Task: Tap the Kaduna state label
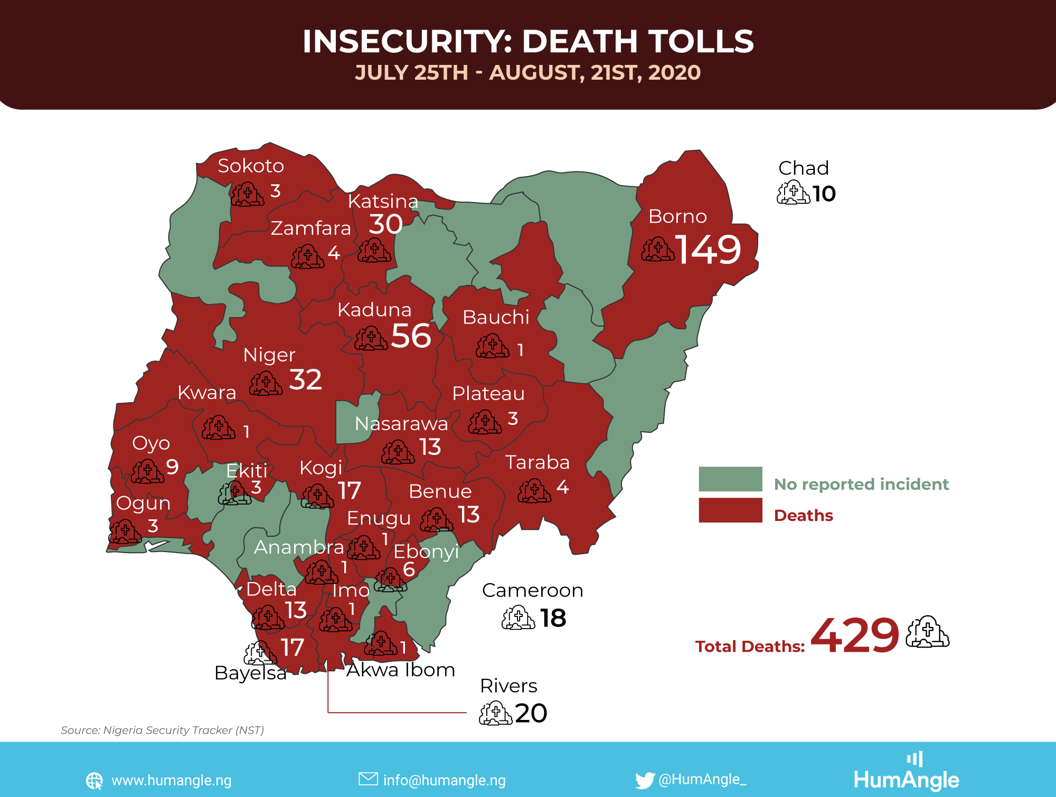(374, 310)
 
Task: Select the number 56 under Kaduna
(411, 336)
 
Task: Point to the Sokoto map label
(251, 166)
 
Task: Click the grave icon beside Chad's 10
(793, 193)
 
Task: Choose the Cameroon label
(532, 590)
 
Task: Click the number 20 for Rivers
(531, 713)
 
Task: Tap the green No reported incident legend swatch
(730, 479)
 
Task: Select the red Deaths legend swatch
(730, 510)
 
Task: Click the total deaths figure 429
(854, 635)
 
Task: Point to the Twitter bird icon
(645, 780)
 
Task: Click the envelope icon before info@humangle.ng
(368, 779)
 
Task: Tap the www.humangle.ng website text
(172, 780)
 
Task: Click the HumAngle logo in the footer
(906, 773)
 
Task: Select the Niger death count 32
(305, 380)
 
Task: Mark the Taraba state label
(538, 462)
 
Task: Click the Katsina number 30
(385, 224)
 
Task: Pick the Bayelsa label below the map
(250, 673)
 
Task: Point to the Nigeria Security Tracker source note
(162, 730)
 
